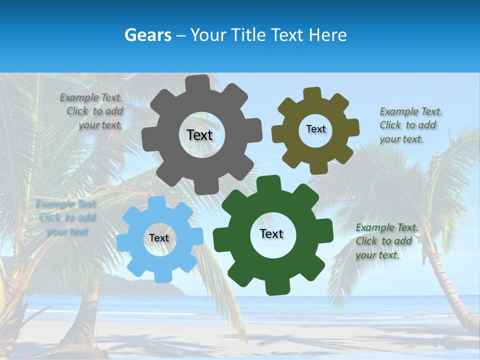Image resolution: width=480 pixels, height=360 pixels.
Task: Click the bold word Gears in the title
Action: [147, 35]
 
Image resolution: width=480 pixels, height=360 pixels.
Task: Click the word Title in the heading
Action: [249, 35]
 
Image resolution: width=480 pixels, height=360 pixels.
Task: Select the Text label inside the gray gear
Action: [199, 135]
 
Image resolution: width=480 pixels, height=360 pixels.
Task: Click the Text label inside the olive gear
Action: [315, 129]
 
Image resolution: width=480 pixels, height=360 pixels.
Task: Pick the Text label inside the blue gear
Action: [159, 238]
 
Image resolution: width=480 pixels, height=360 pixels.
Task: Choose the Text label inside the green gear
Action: [271, 233]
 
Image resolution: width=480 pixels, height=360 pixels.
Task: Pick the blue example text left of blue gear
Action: [66, 217]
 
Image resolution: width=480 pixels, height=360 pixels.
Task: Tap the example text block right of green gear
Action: [386, 241]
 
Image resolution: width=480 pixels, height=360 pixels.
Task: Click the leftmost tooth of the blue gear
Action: [123, 242]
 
